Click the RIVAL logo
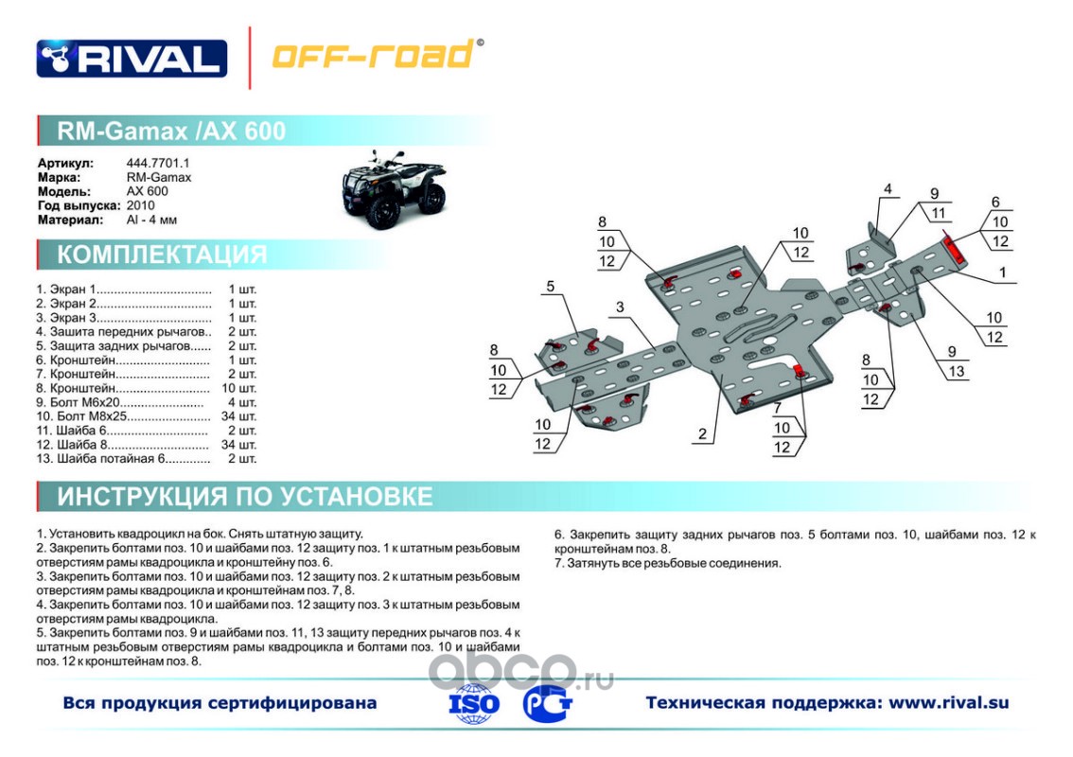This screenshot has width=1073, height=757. [132, 58]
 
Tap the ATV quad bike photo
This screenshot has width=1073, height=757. [394, 189]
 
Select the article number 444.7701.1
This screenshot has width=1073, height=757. [158, 163]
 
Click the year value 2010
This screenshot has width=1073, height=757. [140, 205]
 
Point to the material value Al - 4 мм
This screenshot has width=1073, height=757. [151, 220]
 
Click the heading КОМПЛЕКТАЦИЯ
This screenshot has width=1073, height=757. [162, 255]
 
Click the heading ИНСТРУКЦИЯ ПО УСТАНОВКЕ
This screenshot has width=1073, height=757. [244, 496]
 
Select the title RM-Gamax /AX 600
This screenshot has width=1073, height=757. [171, 131]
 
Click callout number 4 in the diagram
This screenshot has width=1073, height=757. [888, 189]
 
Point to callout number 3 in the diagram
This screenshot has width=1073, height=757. [620, 307]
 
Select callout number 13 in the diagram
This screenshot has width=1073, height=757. [956, 371]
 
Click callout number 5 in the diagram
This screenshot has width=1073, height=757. [550, 286]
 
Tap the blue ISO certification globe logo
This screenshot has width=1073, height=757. [473, 703]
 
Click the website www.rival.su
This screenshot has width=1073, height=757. [948, 703]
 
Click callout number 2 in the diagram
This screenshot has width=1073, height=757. [702, 434]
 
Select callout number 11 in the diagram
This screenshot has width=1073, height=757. [939, 214]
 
